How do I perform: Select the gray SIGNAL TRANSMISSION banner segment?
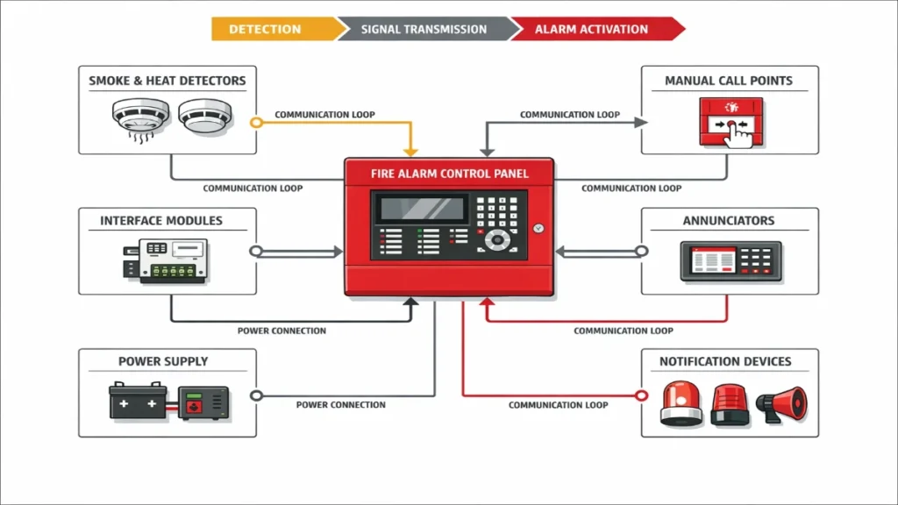tap(424, 29)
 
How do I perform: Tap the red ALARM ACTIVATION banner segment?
tap(591, 29)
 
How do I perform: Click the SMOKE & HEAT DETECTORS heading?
tap(167, 81)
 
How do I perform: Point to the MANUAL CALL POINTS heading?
tap(728, 81)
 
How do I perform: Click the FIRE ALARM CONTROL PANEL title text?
tap(449, 174)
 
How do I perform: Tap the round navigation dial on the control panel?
tap(498, 239)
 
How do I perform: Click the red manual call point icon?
tap(730, 124)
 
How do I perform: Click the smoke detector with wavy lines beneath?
tap(139, 118)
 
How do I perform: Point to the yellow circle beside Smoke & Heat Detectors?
tap(256, 122)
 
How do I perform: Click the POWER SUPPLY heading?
tap(163, 361)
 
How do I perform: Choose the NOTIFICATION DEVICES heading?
tap(725, 361)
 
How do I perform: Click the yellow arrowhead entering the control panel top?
tap(410, 151)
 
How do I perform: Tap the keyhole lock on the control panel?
tap(538, 229)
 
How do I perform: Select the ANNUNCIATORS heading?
tap(729, 221)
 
